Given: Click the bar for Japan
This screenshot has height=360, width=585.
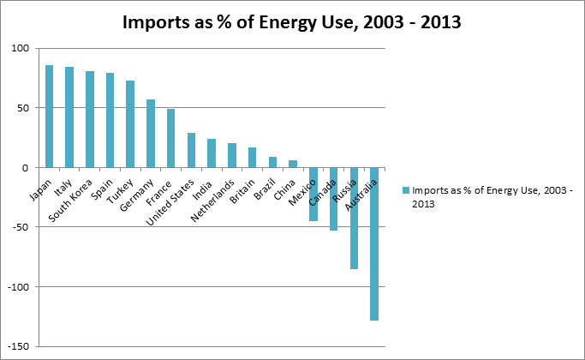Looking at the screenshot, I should tap(49, 117).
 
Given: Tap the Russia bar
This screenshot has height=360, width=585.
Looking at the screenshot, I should tap(354, 219).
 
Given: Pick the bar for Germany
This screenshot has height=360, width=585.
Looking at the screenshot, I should tap(151, 134).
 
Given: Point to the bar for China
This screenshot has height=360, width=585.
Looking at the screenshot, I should tap(293, 164).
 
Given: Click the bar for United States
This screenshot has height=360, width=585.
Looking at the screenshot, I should tap(191, 150).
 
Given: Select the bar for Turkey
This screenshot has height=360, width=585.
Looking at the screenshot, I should tap(130, 124).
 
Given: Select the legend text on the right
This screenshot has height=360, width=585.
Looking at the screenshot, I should tap(488, 197).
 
